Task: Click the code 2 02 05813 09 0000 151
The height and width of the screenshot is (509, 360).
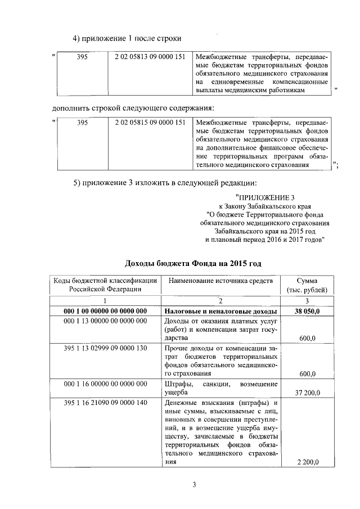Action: [150, 57]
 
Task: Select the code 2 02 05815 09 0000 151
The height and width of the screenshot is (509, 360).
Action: [150, 122]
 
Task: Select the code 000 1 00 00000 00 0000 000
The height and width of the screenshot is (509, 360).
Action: [105, 311]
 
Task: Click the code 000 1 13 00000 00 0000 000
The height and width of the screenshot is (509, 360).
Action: [105, 321]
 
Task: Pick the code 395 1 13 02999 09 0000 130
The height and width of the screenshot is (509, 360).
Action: [105, 348]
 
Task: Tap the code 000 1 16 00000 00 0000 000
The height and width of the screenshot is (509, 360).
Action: [105, 384]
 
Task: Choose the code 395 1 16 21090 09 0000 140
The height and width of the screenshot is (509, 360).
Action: [105, 403]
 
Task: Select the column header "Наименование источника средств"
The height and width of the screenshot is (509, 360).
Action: [220, 280]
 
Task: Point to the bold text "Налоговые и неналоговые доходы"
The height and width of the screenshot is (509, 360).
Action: [220, 311]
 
